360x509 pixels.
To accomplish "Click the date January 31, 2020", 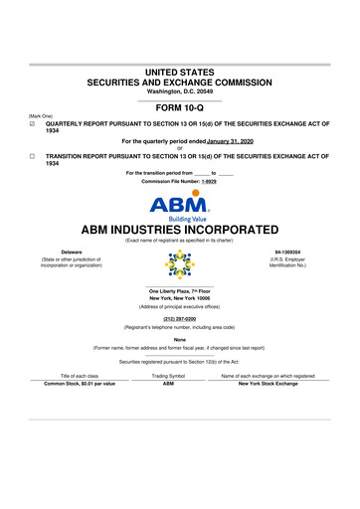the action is coord(233,142).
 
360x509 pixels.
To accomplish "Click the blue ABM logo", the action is coord(179,206).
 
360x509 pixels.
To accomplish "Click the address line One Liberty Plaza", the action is coord(179,290).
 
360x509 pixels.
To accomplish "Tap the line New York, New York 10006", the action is coord(179,298).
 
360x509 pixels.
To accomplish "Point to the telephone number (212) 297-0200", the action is coord(179,318).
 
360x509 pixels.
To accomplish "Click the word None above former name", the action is coord(179,340).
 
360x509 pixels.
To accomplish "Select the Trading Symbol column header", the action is coord(168,376).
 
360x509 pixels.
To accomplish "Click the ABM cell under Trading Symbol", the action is coord(168,385).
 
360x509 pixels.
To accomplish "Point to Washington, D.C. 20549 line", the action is coord(179,91).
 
